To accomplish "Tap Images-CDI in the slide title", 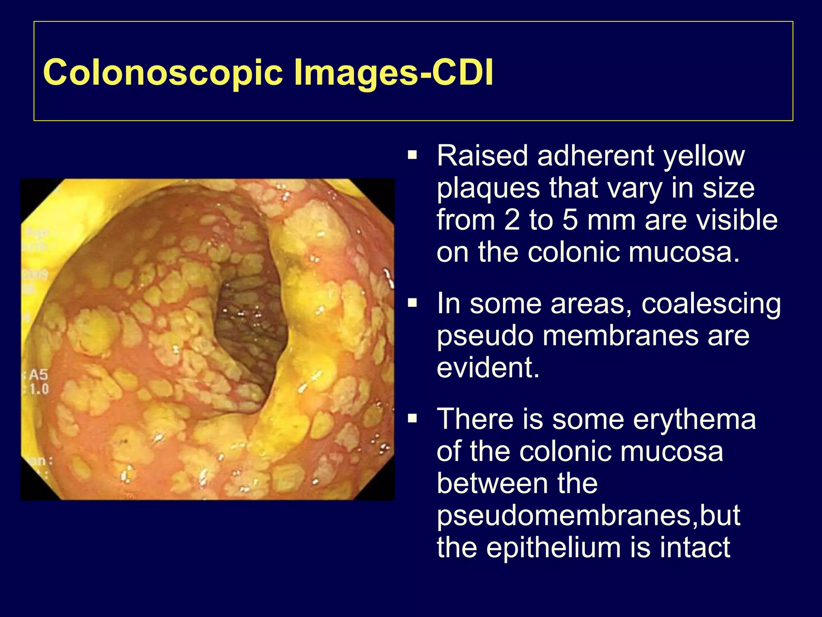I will click(393, 73).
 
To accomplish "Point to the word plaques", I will click(488, 189).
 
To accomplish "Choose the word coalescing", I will click(711, 304).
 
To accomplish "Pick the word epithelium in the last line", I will click(554, 548).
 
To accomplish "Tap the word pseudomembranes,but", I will click(588, 516).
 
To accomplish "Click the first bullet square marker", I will click(412, 155).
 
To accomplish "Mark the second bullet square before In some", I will click(412, 303).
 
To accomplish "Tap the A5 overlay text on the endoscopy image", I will click(39, 375).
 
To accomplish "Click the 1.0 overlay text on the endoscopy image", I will click(39, 389).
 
